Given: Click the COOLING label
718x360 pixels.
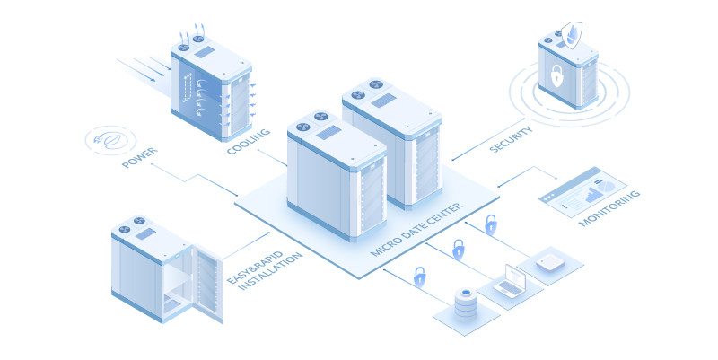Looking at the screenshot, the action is pos(249,141).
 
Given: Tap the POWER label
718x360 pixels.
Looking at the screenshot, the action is pos(140,157).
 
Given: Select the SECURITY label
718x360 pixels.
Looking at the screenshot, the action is pos(511,139).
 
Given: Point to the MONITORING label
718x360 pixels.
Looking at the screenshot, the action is pos(609,208).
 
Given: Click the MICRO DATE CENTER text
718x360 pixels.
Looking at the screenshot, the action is pos(416,229).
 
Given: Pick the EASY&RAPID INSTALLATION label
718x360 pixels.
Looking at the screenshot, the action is pos(265,270).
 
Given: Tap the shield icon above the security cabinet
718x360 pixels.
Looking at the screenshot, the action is pos(572,35).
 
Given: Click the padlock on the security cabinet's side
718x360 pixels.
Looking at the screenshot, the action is pos(556,75).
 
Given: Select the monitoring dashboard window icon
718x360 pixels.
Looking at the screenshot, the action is pos(582,191).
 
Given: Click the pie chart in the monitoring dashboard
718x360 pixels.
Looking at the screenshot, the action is pos(607,186).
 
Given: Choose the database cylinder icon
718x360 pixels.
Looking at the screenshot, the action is pos(466,304).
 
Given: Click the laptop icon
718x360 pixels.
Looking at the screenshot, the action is pos(510,281).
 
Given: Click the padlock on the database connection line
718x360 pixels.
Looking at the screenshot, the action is pos(419,277).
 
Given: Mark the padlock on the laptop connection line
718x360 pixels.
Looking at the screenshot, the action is pos(458,250).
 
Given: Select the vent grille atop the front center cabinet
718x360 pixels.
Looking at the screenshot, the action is pos(328,133).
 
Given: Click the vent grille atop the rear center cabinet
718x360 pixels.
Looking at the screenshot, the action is pos(383,101).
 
